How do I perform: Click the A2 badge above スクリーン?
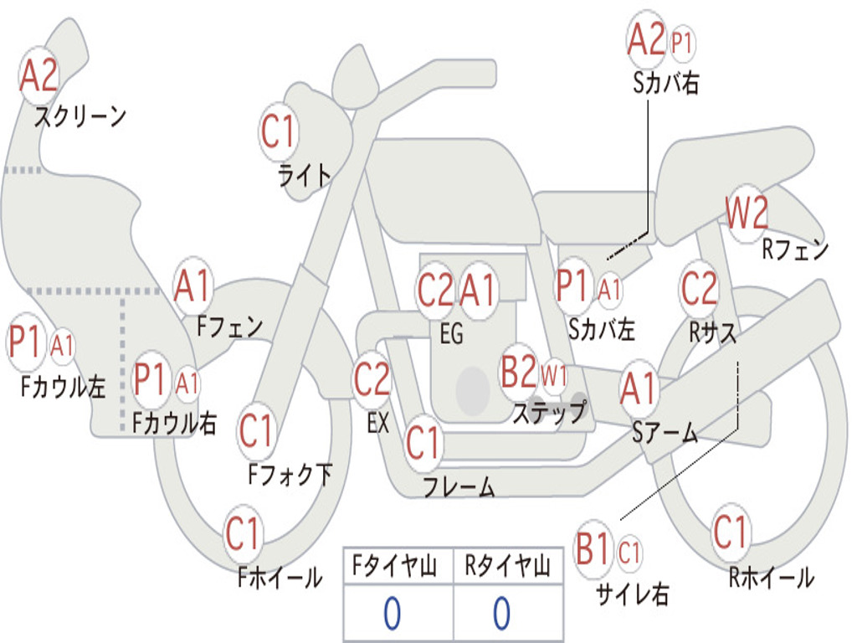pos(38,75)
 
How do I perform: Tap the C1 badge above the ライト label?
pos(279,131)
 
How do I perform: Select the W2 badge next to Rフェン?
pos(746,213)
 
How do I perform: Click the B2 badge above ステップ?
pos(519,371)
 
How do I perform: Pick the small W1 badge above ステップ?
pos(554,376)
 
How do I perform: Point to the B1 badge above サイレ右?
pos(593,548)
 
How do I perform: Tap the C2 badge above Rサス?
pos(699,288)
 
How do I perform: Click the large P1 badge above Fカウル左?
pos(26,342)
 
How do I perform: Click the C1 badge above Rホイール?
pos(730,532)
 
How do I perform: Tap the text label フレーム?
pos(459,486)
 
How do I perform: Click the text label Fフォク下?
pos(290,474)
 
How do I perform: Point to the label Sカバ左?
pos(601,329)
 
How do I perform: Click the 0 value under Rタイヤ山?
pos(502,613)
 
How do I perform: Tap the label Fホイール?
pos(280,578)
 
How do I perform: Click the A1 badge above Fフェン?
pos(192,286)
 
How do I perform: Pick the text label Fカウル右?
pos(174,423)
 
